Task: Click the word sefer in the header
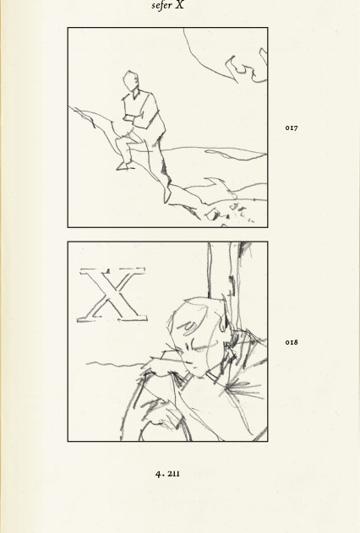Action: pos(161,6)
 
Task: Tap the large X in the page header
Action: pos(180,4)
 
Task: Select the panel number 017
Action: pos(292,128)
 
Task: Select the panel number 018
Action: pos(292,342)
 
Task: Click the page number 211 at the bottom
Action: pos(173,474)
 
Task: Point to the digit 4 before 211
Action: pos(158,474)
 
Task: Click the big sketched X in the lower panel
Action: pos(112,294)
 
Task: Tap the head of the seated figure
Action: pos(130,80)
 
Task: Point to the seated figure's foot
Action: pos(125,166)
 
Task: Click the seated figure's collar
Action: pos(136,94)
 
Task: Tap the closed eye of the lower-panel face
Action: pos(201,347)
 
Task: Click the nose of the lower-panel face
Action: pos(189,361)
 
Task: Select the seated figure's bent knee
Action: pos(118,140)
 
